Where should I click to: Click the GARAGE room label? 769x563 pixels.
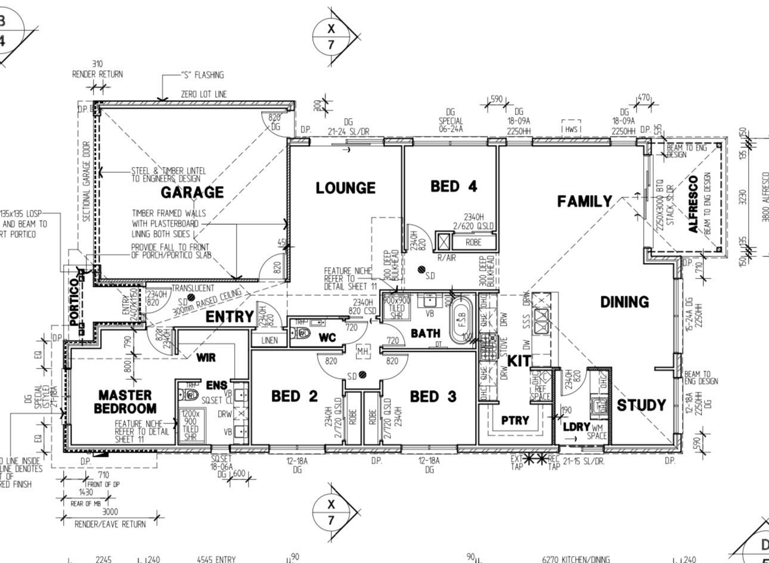pos(192,192)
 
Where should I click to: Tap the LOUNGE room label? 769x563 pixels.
pos(345,188)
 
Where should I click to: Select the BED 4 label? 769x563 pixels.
pos(454,186)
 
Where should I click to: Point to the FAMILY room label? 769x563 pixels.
pos(584,202)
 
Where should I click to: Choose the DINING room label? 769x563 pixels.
pos(624,302)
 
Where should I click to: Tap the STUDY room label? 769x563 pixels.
pos(641,406)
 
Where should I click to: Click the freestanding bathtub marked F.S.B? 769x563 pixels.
pos(461,323)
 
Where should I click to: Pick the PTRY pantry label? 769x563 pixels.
pos(515,420)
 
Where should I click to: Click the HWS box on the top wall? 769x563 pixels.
pos(571,128)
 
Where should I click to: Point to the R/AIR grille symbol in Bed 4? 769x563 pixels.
pos(444,242)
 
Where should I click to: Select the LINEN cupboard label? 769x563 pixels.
pos(269,341)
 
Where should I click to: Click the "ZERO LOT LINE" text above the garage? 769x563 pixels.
pos(204,94)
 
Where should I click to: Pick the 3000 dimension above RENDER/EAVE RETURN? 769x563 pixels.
pos(110,511)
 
